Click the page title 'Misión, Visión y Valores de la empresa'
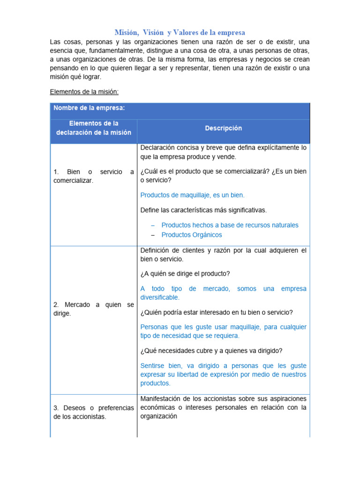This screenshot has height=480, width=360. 180,32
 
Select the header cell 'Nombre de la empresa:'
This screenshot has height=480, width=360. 89,108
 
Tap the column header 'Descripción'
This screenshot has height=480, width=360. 223,128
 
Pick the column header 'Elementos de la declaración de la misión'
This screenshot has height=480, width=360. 93,128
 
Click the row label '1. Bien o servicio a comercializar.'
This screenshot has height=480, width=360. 93,176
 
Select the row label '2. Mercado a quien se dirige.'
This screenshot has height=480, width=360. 93,309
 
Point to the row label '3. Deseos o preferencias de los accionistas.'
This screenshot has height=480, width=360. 93,412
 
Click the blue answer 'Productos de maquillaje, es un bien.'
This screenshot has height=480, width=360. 192,195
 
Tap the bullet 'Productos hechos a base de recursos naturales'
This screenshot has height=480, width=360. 230,225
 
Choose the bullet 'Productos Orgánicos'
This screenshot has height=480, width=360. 192,235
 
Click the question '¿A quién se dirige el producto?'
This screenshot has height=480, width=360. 185,273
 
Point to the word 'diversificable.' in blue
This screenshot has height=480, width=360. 160,297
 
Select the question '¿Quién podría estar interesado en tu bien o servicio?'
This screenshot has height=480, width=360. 217,312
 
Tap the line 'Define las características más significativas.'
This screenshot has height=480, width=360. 203,210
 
